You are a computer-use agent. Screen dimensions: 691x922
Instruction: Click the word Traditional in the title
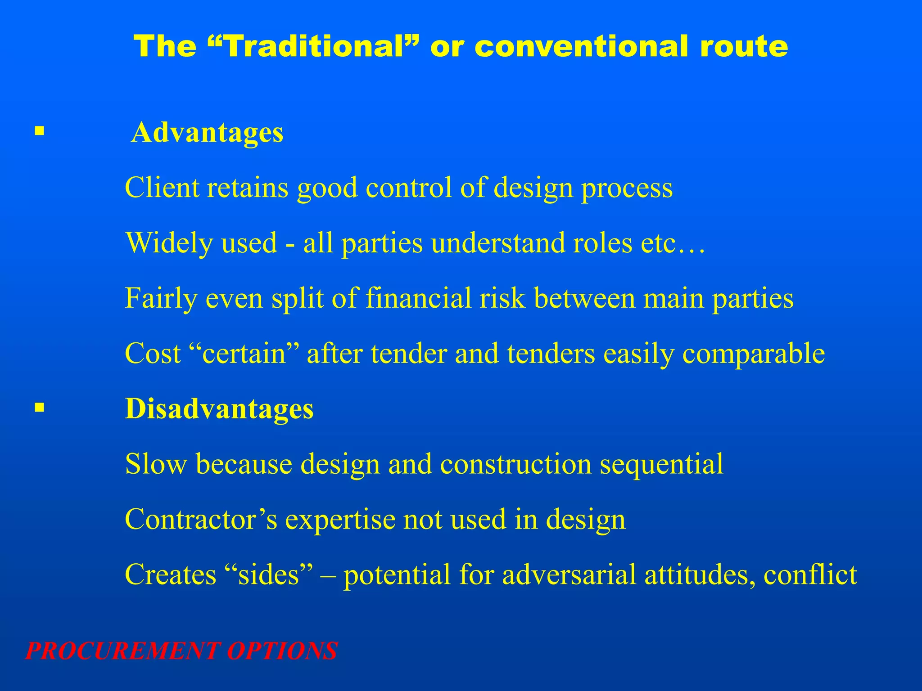pos(315,46)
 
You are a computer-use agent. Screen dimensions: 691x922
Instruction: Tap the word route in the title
pos(743,47)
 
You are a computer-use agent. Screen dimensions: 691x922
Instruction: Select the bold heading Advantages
pos(207,133)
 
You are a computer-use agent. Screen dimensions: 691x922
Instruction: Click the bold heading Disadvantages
pos(219,409)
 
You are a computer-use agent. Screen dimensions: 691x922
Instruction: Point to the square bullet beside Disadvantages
pos(40,408)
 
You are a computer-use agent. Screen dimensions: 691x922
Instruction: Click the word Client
pos(162,188)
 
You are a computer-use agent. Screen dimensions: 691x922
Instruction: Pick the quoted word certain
pos(244,354)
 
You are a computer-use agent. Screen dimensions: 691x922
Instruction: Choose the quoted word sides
pos(269,575)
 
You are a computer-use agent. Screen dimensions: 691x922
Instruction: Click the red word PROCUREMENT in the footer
pos(123,651)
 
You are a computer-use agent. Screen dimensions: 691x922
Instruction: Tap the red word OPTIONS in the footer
pos(282,651)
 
